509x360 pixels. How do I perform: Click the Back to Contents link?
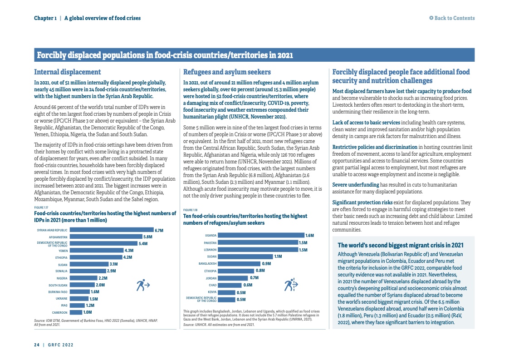(x=452, y=18)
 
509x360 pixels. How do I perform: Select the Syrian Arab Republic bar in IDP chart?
(x=111, y=230)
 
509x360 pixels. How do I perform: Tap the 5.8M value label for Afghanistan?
(x=147, y=237)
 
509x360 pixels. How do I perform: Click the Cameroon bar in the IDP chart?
(x=76, y=312)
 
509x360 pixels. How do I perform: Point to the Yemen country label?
(x=63, y=251)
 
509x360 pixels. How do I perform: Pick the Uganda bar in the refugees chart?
(x=261, y=235)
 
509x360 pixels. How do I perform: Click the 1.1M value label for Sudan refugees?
(x=278, y=256)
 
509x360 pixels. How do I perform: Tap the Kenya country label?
(x=212, y=292)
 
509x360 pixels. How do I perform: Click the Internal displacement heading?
(x=68, y=72)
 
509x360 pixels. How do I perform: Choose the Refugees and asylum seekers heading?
(x=227, y=72)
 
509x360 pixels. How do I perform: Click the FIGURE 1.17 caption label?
(x=41, y=207)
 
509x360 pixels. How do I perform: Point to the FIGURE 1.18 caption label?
(x=190, y=210)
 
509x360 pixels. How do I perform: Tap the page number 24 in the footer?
(x=37, y=345)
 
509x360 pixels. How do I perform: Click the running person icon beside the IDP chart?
(x=143, y=286)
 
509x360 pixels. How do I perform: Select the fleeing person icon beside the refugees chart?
(x=290, y=285)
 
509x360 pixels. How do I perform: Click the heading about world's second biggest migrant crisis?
(x=401, y=245)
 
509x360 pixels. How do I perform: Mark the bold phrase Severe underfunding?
(x=355, y=185)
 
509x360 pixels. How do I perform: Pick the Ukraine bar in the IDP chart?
(x=79, y=299)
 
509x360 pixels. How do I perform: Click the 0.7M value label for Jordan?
(x=254, y=278)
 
